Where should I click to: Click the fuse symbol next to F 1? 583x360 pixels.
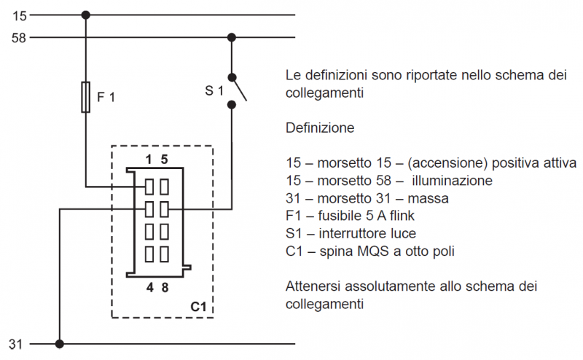(x=86, y=97)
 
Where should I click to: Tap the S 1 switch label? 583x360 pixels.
(x=214, y=90)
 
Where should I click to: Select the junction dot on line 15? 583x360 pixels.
(x=86, y=15)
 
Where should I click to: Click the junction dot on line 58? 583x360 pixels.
(x=232, y=37)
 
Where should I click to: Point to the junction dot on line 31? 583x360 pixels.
(x=60, y=343)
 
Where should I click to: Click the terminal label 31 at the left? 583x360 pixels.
(x=17, y=343)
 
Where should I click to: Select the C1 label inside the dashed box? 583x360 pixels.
(x=199, y=307)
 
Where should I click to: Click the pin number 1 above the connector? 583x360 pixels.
(x=149, y=159)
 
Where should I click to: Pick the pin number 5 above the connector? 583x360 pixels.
(x=165, y=159)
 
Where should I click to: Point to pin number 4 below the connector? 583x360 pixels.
(x=149, y=287)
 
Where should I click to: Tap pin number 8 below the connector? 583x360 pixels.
(x=165, y=287)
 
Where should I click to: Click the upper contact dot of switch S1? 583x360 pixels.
(x=232, y=77)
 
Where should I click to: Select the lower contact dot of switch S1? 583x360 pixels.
(x=232, y=104)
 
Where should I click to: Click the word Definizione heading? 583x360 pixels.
(x=320, y=128)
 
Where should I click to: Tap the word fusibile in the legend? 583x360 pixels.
(x=340, y=216)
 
